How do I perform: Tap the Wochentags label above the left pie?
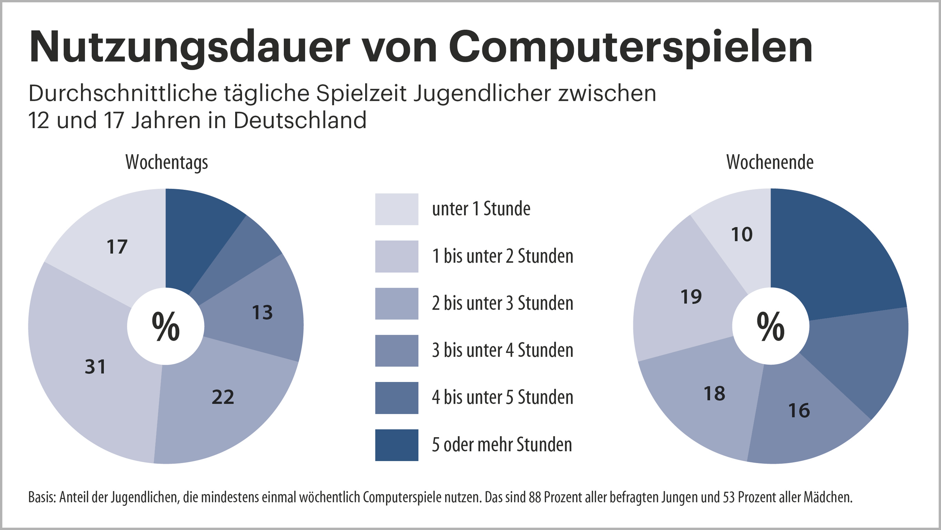(x=167, y=162)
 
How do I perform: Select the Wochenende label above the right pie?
(x=770, y=162)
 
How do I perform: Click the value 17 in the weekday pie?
(x=117, y=247)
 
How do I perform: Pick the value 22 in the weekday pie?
(x=223, y=397)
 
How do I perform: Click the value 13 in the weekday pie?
(x=262, y=313)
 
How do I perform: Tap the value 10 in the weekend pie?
(x=742, y=234)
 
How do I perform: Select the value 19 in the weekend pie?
(x=691, y=296)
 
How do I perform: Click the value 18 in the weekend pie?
(x=714, y=394)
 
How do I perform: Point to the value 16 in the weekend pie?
(x=799, y=411)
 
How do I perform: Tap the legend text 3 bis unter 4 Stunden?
(x=502, y=350)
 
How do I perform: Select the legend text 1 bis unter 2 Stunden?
(x=502, y=256)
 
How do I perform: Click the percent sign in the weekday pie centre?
(x=166, y=326)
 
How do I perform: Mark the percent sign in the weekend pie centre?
(x=770, y=326)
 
